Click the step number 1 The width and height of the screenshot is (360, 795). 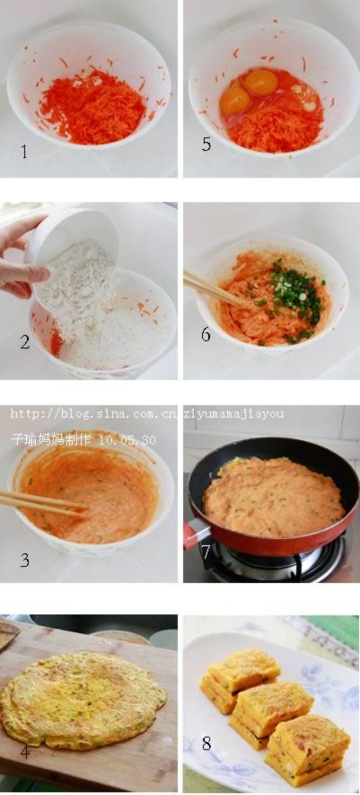pyautogui.click(x=24, y=151)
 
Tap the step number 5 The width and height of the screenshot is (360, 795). pyautogui.click(x=206, y=144)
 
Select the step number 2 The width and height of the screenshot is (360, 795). pyautogui.click(x=25, y=342)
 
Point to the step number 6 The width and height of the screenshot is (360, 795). pyautogui.click(x=206, y=335)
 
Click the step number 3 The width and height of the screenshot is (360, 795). pyautogui.click(x=24, y=561)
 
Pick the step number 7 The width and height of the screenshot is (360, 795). pyautogui.click(x=206, y=552)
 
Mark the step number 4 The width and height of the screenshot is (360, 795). pyautogui.click(x=25, y=753)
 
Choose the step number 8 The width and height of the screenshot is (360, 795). pyautogui.click(x=206, y=744)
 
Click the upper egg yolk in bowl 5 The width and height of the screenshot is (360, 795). pyautogui.click(x=261, y=81)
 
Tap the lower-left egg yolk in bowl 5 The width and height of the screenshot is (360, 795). pyautogui.click(x=235, y=101)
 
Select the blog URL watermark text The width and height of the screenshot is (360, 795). pyautogui.click(x=147, y=414)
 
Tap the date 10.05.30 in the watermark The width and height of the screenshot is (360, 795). pyautogui.click(x=128, y=439)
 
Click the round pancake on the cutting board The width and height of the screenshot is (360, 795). pyautogui.click(x=83, y=699)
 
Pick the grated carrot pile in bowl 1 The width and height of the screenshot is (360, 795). pyautogui.click(x=92, y=107)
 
